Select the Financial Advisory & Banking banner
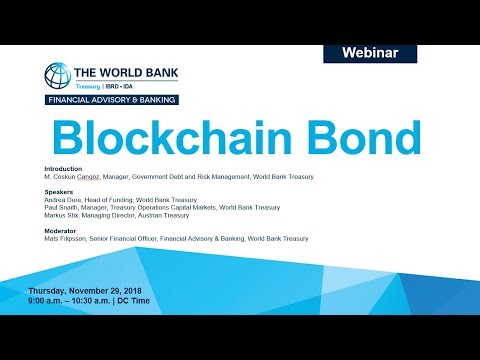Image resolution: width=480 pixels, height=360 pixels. coord(111,100)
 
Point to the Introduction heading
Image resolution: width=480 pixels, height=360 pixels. coord(64,169)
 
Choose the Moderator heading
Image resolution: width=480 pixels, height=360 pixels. coord(63,231)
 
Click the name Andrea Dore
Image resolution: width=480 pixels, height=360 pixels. coord(65,200)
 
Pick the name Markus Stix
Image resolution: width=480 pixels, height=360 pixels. coord(65,215)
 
